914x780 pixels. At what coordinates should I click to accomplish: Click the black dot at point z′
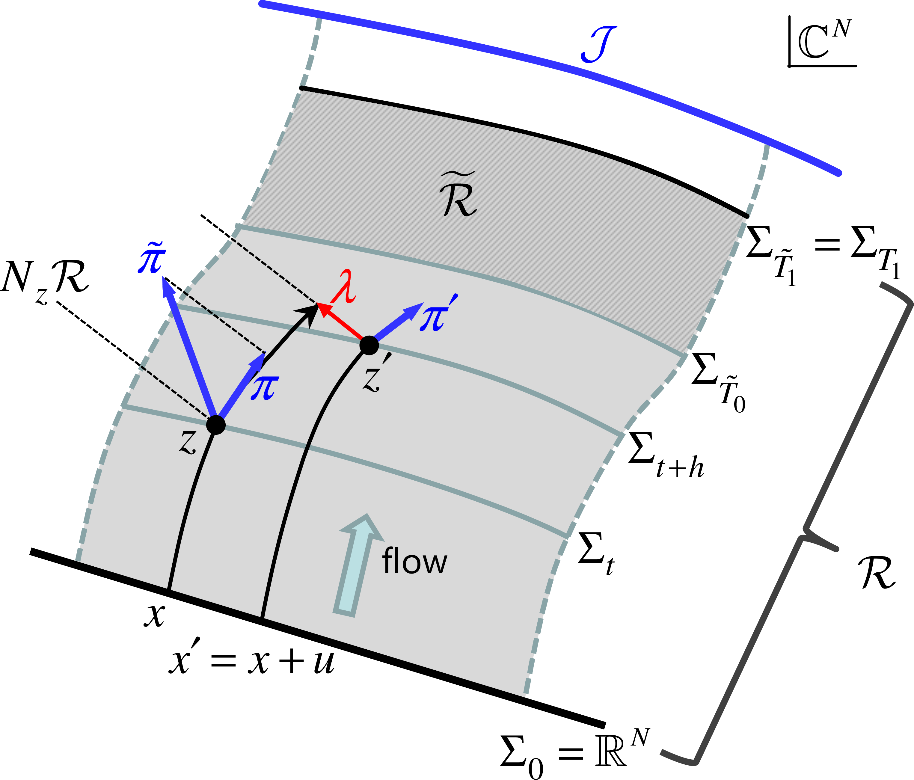(x=369, y=345)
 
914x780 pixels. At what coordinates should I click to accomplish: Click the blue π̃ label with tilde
(x=152, y=258)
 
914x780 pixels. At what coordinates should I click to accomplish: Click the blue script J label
(x=599, y=44)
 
